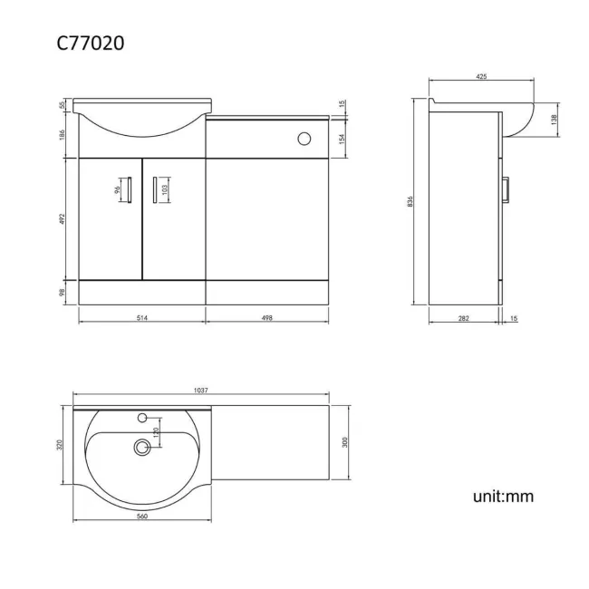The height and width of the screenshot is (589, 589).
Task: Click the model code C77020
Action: [90, 42]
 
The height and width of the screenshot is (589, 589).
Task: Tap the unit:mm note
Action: [503, 496]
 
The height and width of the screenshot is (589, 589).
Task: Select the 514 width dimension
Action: [142, 317]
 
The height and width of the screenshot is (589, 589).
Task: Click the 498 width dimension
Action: [267, 317]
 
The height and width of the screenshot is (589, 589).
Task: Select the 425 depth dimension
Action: [481, 77]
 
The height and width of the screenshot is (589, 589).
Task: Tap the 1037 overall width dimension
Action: [201, 391]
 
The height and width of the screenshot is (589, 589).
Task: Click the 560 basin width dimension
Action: [142, 516]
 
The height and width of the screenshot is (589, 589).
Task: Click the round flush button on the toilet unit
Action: [304, 139]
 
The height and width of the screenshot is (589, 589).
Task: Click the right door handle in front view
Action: [154, 191]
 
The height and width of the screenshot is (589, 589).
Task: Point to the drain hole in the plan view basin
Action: [141, 446]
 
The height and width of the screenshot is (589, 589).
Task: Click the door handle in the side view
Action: [508, 191]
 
